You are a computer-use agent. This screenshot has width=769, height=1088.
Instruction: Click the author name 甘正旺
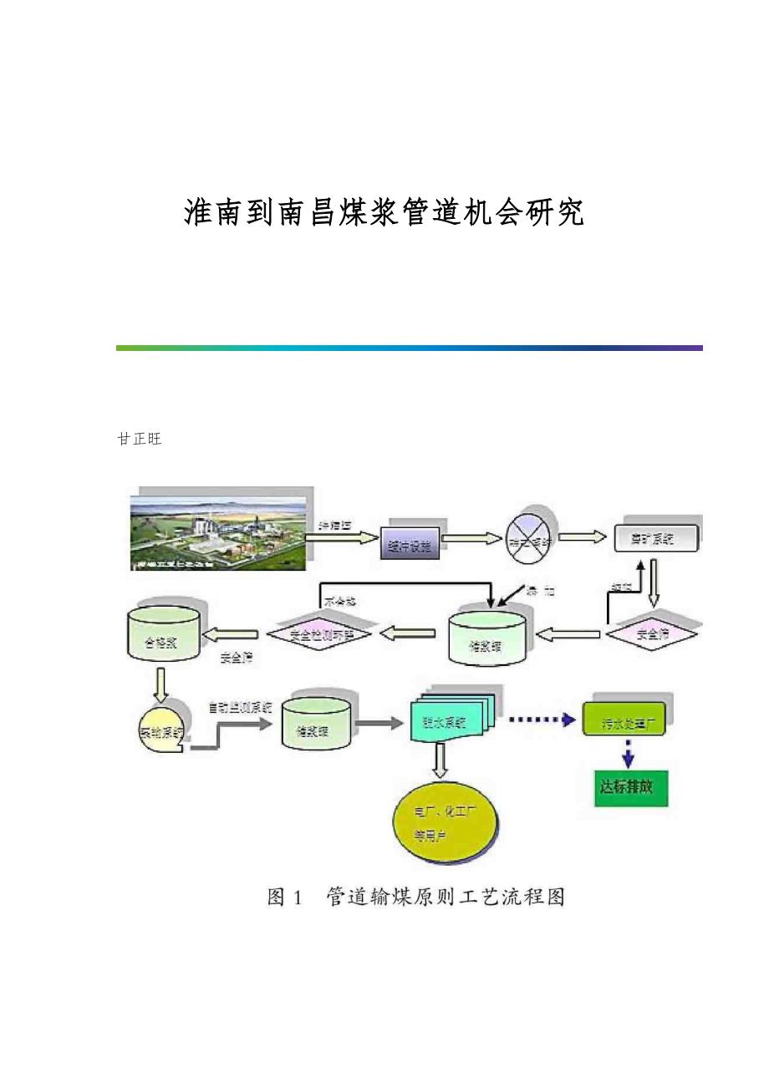pyautogui.click(x=139, y=440)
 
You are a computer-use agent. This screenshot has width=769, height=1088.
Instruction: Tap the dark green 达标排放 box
pyautogui.click(x=632, y=787)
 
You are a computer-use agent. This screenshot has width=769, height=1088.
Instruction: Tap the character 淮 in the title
pyautogui.click(x=197, y=213)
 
